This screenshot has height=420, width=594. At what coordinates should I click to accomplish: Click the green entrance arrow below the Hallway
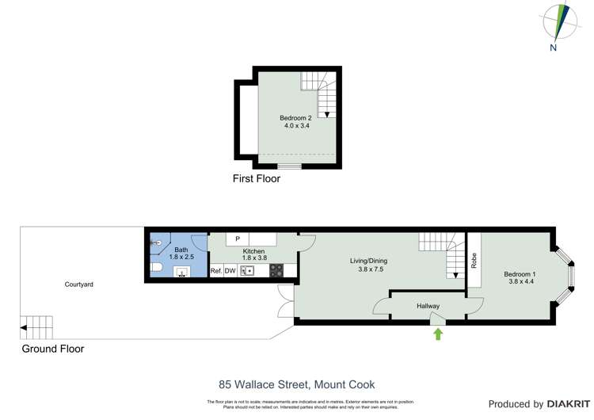[438, 334]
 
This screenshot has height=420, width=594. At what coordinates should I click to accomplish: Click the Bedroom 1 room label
[520, 279]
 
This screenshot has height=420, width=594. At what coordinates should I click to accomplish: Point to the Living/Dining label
[368, 265]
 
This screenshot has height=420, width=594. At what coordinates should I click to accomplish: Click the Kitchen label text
[253, 252]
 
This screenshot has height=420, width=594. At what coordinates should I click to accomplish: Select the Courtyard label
[80, 284]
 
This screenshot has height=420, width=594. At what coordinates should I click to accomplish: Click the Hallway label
[428, 306]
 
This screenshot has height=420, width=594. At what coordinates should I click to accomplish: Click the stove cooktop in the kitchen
[276, 271]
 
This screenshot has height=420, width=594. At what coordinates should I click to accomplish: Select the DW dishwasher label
[230, 271]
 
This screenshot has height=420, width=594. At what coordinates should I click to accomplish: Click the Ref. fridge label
[215, 271]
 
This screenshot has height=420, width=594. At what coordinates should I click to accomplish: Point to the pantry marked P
[237, 239]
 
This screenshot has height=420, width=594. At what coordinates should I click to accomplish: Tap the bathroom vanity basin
[182, 273]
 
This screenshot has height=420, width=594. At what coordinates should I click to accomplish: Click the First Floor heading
[256, 179]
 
